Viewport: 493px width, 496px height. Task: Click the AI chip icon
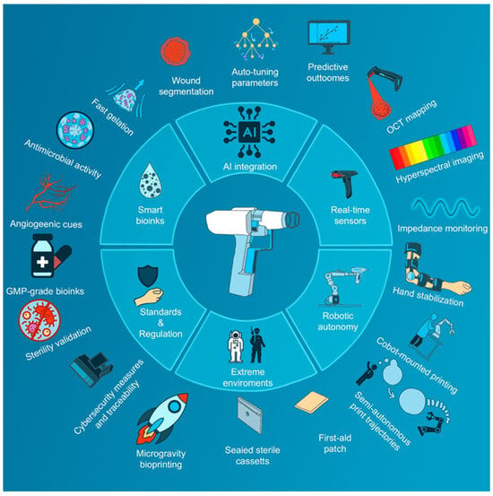coord(249,132)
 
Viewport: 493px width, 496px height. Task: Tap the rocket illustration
coord(161,419)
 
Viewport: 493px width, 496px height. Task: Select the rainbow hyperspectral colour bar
coord(433,147)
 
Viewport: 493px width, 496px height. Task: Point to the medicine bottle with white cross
coord(43,256)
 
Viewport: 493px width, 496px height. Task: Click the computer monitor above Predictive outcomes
coord(329,38)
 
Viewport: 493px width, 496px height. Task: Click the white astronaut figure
coord(235,346)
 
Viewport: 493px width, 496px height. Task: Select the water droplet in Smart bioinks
coord(151,180)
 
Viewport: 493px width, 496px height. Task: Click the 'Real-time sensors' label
coord(350,215)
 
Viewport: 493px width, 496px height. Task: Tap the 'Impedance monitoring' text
coord(443,229)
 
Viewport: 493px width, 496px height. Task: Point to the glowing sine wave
coord(445,208)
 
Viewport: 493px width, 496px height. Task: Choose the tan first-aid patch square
coord(311,402)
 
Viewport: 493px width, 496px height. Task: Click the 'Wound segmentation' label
coord(186,86)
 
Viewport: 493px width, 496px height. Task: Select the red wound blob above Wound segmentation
coord(176,51)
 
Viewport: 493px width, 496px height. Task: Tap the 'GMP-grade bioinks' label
coord(45,291)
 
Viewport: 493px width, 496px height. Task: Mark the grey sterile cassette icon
coord(249,414)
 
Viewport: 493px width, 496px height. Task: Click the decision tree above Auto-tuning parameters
coord(255,39)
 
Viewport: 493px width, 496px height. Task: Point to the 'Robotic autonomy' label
coord(338,321)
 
